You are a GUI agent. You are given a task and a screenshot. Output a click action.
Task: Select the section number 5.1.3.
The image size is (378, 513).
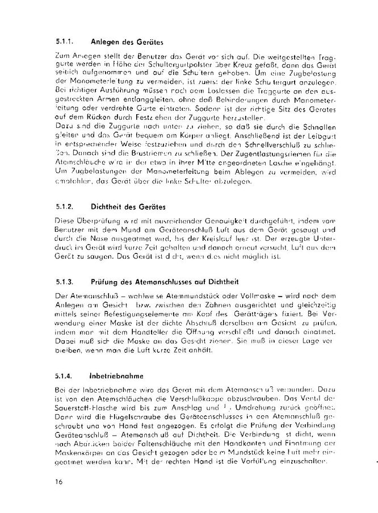[66, 282]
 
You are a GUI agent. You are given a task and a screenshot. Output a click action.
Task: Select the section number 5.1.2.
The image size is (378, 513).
[66, 206]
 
